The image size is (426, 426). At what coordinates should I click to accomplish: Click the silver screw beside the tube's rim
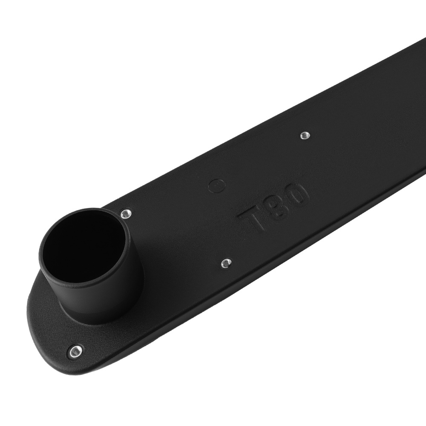pyautogui.click(x=125, y=213)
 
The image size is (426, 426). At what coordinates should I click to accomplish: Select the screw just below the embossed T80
pyautogui.click(x=226, y=263)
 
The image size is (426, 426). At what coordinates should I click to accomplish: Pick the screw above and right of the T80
pyautogui.click(x=305, y=135)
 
